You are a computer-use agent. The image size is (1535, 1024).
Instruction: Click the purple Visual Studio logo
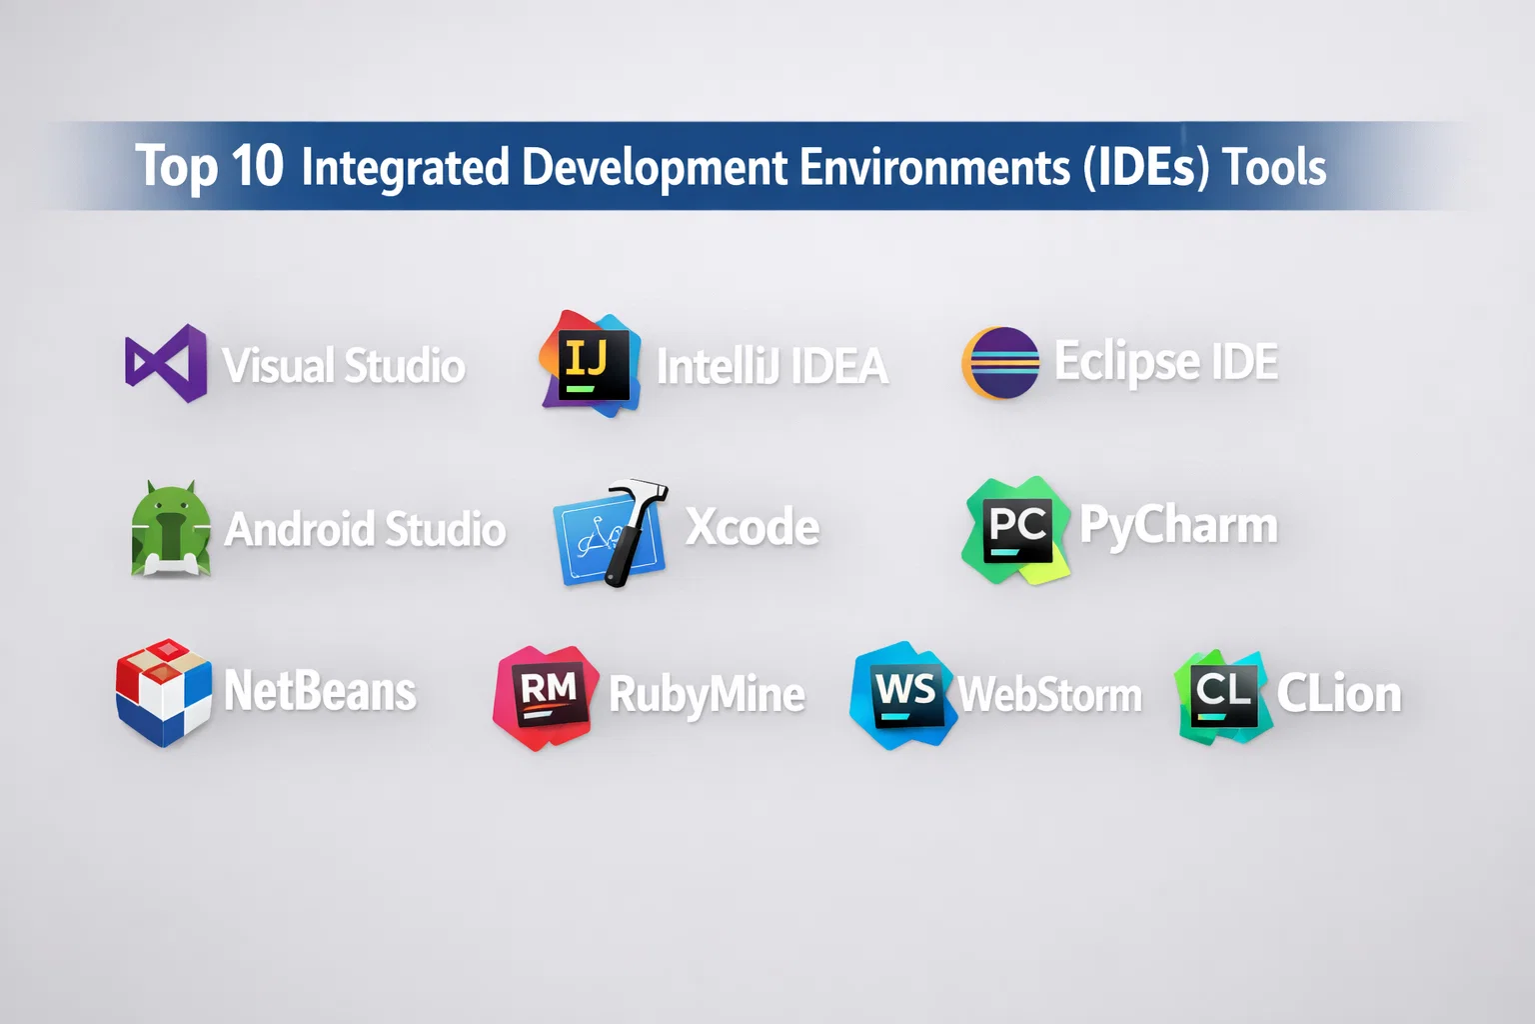166,364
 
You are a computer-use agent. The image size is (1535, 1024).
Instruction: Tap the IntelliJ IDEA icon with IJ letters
591,364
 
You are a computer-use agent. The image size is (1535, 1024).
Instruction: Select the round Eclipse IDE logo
1000,363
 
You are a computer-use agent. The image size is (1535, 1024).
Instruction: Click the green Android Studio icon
171,528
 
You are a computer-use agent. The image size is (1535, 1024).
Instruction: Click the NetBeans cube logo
163,693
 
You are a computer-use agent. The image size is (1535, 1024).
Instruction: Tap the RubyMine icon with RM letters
546,698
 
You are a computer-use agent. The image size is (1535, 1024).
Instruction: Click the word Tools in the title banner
1274,167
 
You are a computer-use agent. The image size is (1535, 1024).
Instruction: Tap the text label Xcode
752,527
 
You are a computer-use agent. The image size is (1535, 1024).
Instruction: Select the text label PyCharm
1178,527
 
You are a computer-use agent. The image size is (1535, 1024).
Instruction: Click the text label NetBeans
320,691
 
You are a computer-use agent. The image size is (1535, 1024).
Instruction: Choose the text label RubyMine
707,695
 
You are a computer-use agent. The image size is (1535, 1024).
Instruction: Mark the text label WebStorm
1050,695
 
